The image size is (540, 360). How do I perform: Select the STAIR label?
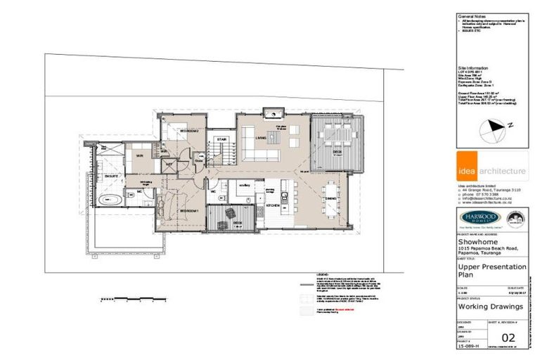click(221, 140)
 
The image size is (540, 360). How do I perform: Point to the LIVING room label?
click(260, 139)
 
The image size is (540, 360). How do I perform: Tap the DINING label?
click(330, 199)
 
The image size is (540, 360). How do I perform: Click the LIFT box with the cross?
click(169, 164)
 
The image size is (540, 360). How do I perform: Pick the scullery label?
click(244, 186)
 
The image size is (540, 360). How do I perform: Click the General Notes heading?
click(472, 15)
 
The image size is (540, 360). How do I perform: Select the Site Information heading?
click(473, 69)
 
